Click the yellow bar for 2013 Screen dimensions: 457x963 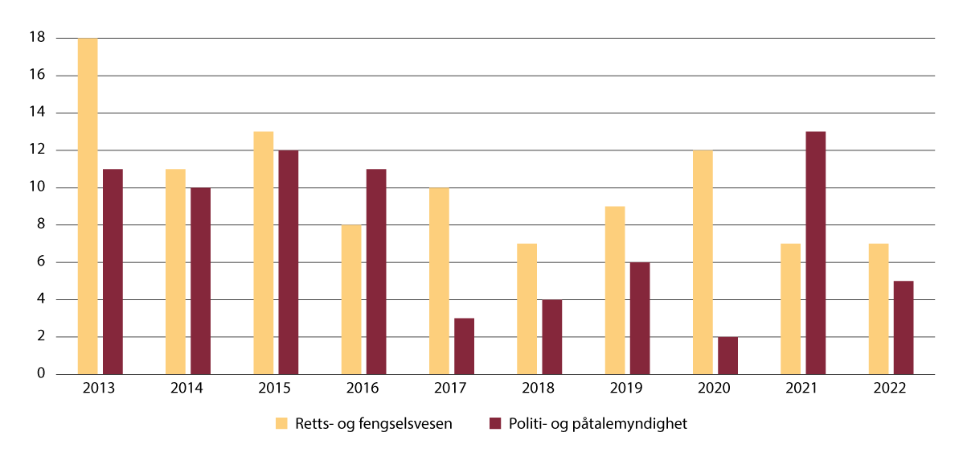click(x=88, y=206)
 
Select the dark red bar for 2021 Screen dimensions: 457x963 click(x=815, y=253)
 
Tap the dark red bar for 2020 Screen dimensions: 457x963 click(x=727, y=356)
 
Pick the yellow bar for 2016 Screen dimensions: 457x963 click(x=351, y=299)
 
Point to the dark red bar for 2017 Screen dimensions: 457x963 click(x=464, y=346)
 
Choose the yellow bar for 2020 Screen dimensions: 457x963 click(x=703, y=262)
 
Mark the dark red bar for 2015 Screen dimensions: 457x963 click(x=288, y=262)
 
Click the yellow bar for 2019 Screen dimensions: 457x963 click(x=615, y=290)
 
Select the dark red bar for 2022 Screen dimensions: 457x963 click(x=904, y=327)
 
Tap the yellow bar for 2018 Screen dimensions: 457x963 click(x=527, y=309)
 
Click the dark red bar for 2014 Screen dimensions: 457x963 click(x=200, y=281)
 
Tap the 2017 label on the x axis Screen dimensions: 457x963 click(x=451, y=388)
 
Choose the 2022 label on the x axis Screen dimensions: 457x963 click(x=891, y=388)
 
